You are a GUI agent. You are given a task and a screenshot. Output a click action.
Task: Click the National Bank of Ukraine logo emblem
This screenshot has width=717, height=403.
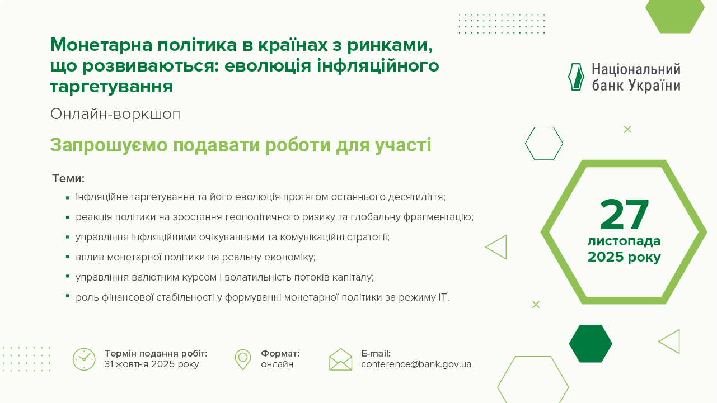click(576, 77)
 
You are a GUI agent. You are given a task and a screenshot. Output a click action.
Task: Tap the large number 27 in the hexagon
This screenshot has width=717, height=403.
click(624, 215)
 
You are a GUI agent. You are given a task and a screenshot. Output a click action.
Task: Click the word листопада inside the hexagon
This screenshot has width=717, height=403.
click(624, 241)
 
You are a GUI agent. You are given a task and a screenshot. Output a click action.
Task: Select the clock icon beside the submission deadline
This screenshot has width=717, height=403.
click(84, 359)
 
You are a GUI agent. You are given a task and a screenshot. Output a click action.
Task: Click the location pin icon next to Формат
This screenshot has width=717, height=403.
click(242, 359)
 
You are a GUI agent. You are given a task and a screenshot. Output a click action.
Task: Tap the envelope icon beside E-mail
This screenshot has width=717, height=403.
click(340, 359)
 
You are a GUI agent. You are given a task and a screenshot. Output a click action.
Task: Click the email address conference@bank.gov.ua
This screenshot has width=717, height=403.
click(416, 364)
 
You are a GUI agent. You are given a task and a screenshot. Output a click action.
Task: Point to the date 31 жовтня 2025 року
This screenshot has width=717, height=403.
click(151, 364)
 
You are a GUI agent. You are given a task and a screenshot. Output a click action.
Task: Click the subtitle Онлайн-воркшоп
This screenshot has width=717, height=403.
click(115, 114)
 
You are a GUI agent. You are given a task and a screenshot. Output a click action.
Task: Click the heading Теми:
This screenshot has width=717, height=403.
click(68, 179)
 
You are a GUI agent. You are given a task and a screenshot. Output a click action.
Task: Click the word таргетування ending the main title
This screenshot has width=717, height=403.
click(111, 87)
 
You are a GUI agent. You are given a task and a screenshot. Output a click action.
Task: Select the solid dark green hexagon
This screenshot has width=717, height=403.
click(591, 343)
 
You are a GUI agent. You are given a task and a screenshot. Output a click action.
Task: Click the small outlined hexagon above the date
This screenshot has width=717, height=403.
click(544, 144)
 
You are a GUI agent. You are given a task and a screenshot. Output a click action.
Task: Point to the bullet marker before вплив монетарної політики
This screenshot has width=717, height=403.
click(67, 257)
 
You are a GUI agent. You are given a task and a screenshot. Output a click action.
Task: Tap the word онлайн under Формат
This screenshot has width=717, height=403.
click(277, 364)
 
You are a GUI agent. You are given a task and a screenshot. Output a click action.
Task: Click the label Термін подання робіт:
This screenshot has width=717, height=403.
click(156, 354)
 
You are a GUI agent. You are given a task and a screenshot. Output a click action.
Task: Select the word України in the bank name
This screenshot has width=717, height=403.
click(654, 86)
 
